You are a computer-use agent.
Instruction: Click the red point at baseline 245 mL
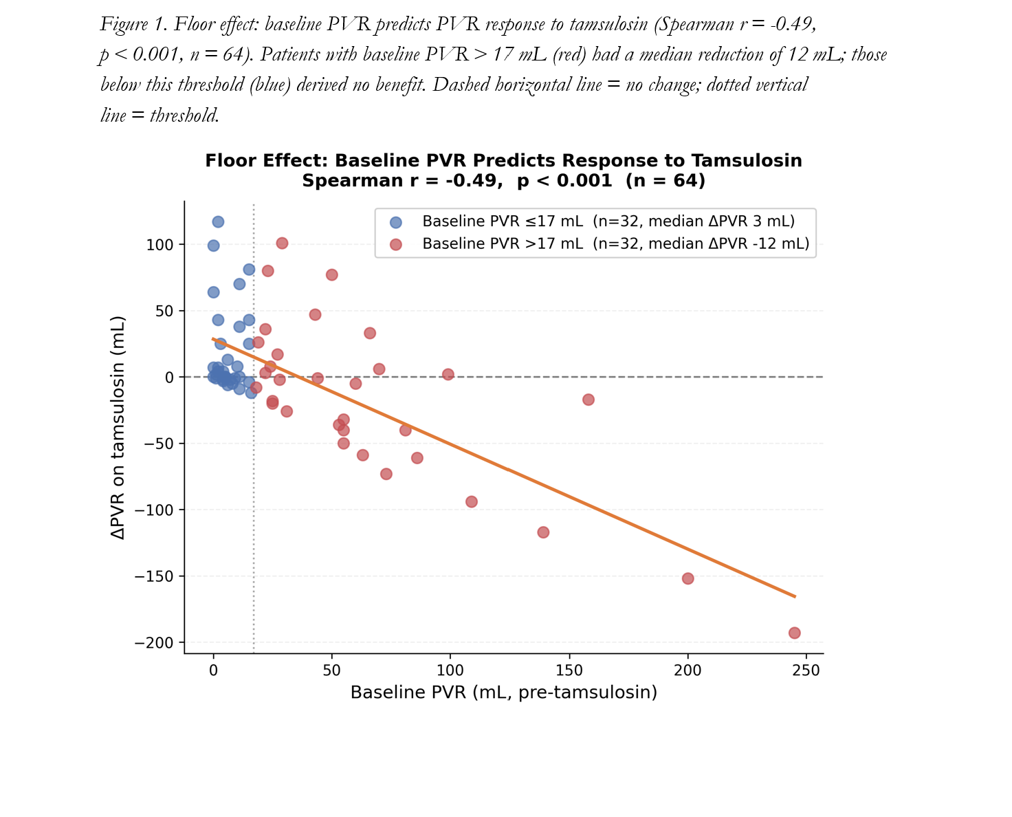[x=794, y=633]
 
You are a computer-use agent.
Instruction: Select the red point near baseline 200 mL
[x=687, y=578]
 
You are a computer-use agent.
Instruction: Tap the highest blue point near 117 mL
[x=218, y=222]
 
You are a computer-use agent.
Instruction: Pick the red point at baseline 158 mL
[x=588, y=400]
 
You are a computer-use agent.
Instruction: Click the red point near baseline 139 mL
[x=543, y=532]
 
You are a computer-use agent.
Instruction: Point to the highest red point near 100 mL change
[x=282, y=243]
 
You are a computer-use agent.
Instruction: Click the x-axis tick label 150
[x=569, y=671]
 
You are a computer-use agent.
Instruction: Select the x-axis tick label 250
[x=806, y=671]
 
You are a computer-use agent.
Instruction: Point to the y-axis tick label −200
[x=154, y=642]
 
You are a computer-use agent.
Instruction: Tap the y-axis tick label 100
[x=159, y=245]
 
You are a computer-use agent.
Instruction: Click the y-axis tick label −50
[x=159, y=444]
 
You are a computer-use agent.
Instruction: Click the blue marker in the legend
[x=395, y=222]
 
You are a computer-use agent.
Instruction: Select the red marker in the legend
[x=395, y=244]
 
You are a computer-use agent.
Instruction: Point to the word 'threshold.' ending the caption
[x=184, y=115]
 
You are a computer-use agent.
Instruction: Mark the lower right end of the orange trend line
[x=795, y=596]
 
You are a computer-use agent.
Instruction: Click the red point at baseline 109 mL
[x=472, y=502]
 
